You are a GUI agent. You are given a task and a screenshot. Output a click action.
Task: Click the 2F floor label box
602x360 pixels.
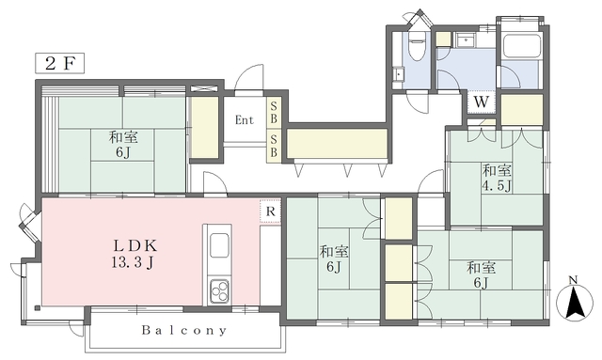(59, 63)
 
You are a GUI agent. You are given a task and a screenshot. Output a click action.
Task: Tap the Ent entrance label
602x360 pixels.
(245, 120)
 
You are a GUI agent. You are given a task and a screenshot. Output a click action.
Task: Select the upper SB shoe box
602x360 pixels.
(274, 112)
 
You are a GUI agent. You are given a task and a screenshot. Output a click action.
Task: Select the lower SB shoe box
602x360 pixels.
(274, 146)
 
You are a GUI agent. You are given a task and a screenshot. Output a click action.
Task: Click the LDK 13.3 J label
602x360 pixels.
(135, 254)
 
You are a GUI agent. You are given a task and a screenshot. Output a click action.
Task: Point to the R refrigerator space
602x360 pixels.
(270, 211)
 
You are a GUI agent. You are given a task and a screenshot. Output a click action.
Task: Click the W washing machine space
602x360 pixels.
(481, 102)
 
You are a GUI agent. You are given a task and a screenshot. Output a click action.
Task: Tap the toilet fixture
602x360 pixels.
(416, 45)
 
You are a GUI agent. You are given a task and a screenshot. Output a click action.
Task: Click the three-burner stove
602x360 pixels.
(219, 291)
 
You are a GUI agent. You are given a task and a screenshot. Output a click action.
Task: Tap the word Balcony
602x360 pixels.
(184, 330)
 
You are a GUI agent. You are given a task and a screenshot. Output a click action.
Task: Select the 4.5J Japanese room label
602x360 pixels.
(497, 178)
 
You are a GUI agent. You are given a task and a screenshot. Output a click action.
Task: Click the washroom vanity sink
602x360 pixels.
(466, 39)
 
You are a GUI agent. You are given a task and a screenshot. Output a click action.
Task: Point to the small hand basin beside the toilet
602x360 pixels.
(399, 73)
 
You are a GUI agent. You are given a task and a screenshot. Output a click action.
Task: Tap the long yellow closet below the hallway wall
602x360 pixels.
(337, 144)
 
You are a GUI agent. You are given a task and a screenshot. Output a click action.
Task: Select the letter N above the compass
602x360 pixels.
(573, 280)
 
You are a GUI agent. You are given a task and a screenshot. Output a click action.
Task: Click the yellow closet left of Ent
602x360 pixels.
(205, 127)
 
